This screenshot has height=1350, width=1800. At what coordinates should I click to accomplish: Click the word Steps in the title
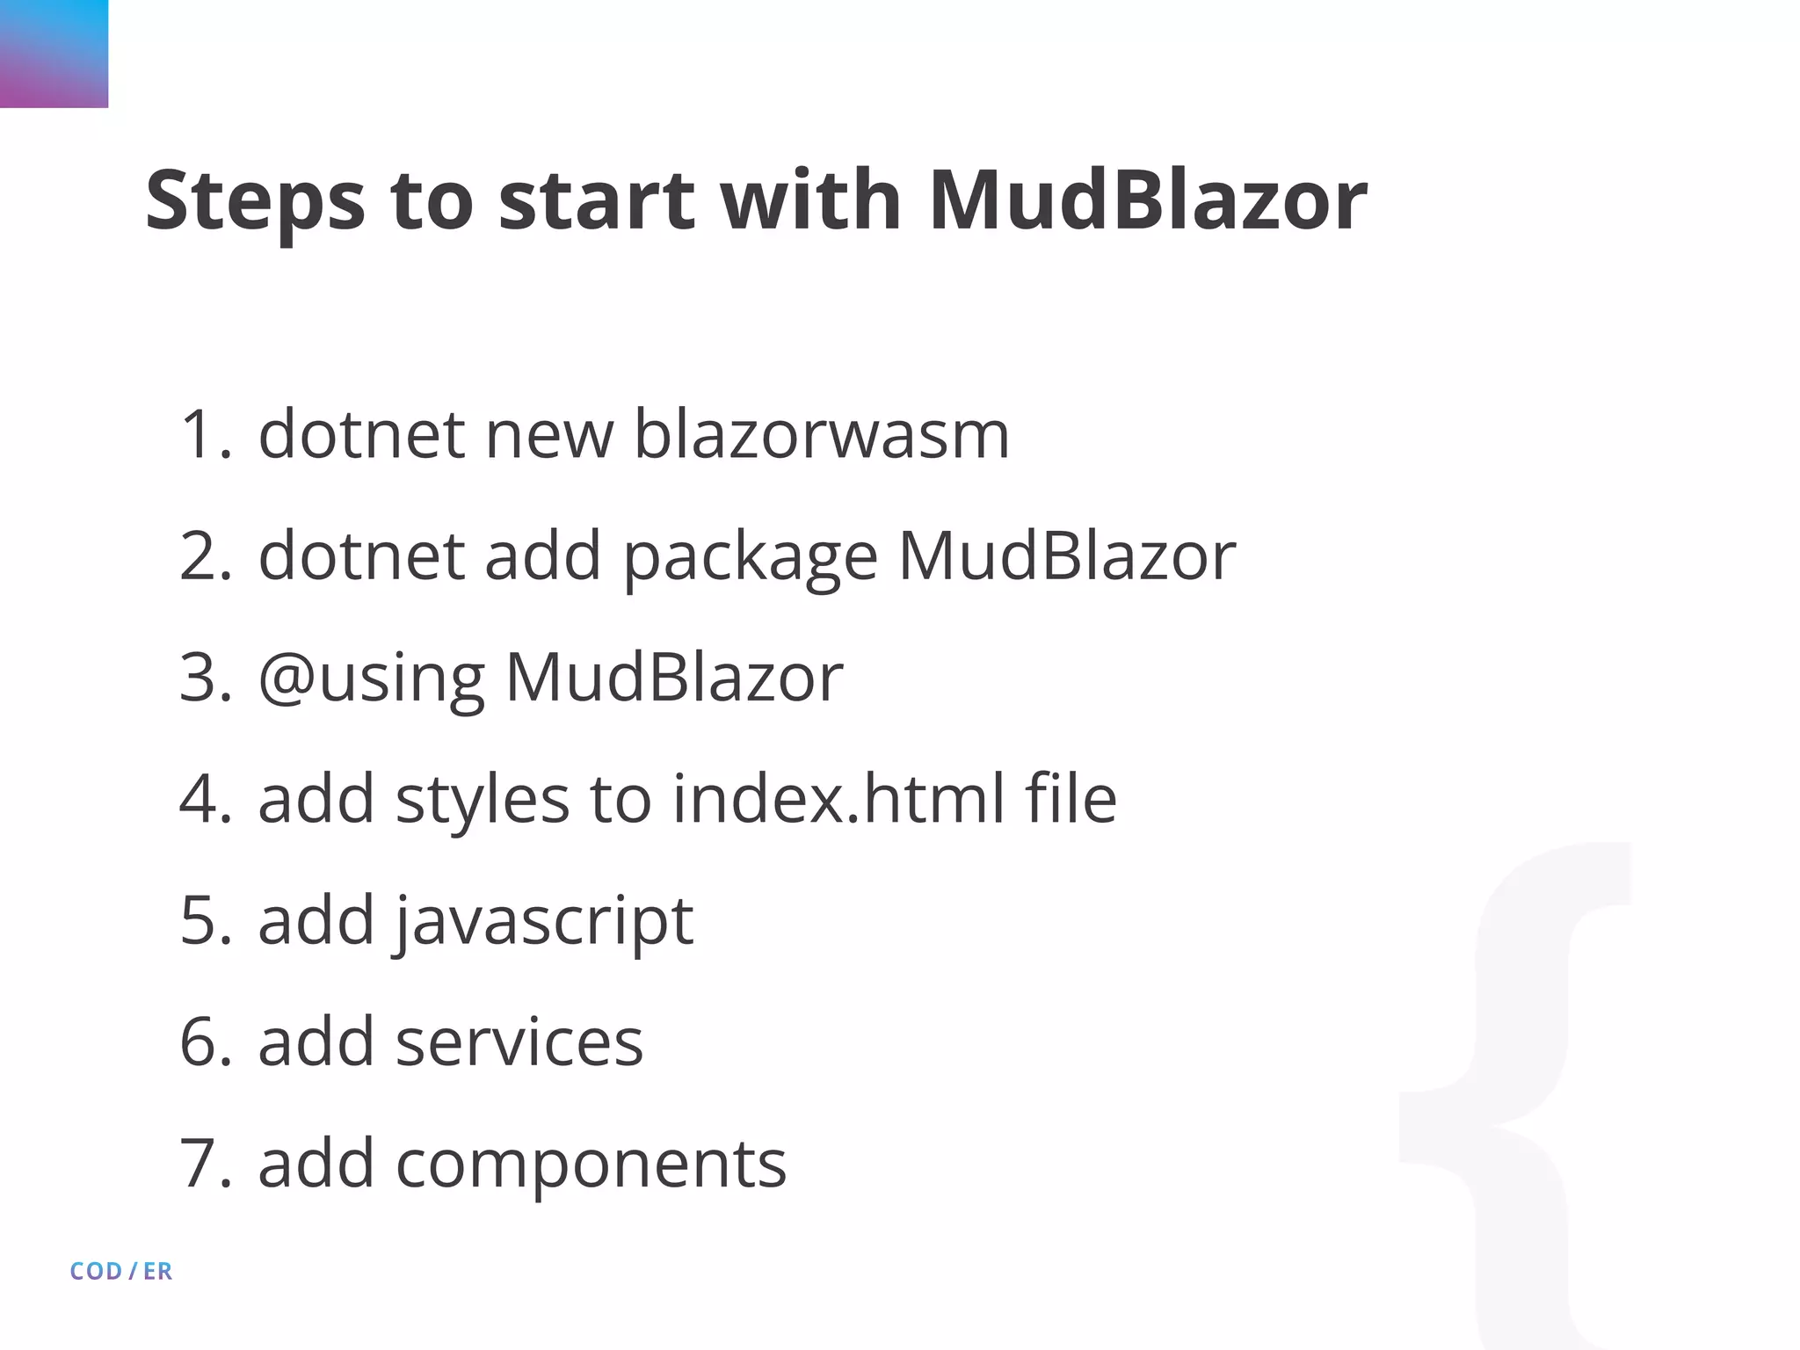[x=255, y=202]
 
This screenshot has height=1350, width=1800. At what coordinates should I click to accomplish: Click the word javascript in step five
[x=544, y=921]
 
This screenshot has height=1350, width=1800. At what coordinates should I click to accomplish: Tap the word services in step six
[x=519, y=1042]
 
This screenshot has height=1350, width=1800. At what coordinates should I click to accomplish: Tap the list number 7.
[x=205, y=1164]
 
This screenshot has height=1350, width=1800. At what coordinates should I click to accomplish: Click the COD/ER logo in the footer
[x=121, y=1271]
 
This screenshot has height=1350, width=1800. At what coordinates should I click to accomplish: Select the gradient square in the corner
[x=54, y=54]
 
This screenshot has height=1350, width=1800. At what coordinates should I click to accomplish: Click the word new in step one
[x=549, y=435]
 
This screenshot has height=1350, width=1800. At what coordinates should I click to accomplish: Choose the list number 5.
[x=205, y=921]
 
